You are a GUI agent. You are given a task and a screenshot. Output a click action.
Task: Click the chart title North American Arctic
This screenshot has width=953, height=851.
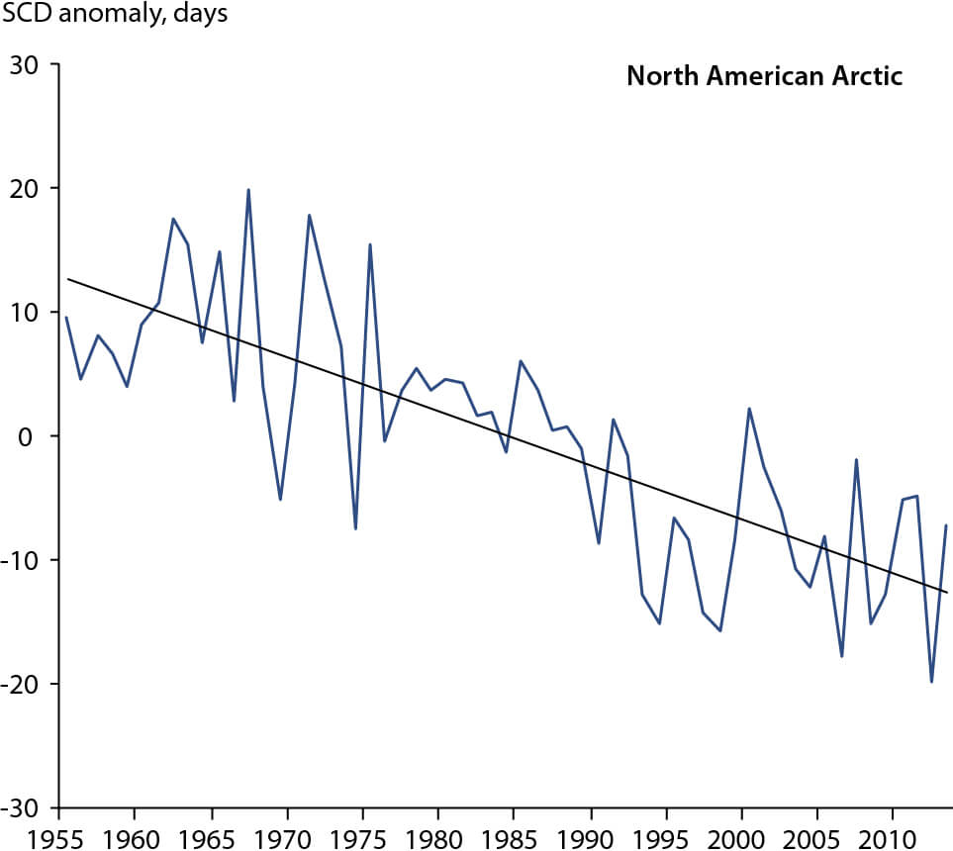(764, 76)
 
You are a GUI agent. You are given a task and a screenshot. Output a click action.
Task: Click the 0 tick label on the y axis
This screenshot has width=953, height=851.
(41, 436)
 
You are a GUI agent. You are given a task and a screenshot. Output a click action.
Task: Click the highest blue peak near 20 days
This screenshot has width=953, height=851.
(248, 190)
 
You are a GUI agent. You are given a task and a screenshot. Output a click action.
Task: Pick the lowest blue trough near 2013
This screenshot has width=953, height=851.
(931, 682)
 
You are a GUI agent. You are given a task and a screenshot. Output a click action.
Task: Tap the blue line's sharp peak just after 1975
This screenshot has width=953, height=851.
(370, 244)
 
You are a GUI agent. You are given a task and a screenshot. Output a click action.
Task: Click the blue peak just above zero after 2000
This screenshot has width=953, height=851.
(749, 409)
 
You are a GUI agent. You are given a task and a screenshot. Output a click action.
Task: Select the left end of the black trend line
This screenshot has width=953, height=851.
(67, 279)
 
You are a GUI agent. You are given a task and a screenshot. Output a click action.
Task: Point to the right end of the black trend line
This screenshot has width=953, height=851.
(947, 593)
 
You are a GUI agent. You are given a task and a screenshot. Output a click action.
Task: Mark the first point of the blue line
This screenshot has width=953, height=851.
(66, 318)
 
